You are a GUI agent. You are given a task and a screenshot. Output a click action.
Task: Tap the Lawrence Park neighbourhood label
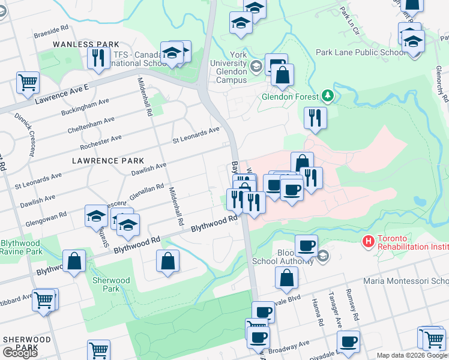107,161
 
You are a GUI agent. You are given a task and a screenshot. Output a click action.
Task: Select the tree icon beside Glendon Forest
327,95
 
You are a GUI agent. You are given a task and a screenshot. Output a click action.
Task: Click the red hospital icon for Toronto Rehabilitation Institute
368,241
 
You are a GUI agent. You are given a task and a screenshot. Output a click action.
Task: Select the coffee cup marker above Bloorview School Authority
306,245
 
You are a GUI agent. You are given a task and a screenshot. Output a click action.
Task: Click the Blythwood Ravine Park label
22,247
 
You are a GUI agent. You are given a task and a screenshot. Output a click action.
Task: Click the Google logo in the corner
20,353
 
